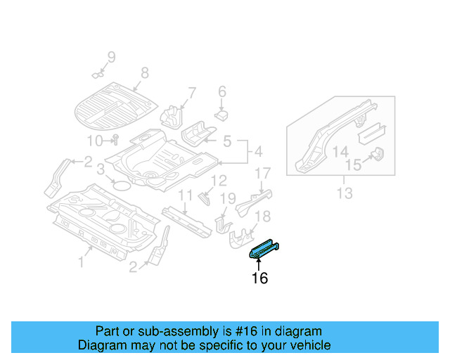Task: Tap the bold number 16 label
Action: click(x=259, y=278)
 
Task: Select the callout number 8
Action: click(x=145, y=72)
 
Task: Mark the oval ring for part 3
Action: click(x=120, y=186)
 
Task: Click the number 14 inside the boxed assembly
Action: click(x=340, y=151)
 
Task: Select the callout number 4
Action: click(x=257, y=151)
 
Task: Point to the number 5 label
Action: click(x=227, y=142)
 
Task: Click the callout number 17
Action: click(x=262, y=174)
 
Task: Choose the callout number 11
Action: click(x=185, y=195)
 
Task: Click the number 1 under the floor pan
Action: click(x=82, y=262)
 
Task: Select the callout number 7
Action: click(x=191, y=92)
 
